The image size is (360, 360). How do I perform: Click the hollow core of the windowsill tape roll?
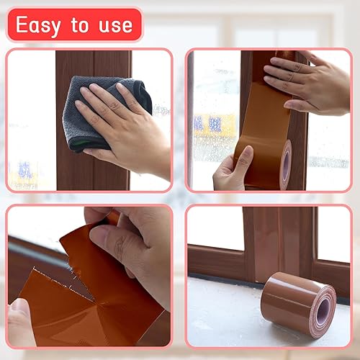coord(323,311)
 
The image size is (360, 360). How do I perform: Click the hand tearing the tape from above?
coord(133,245)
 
